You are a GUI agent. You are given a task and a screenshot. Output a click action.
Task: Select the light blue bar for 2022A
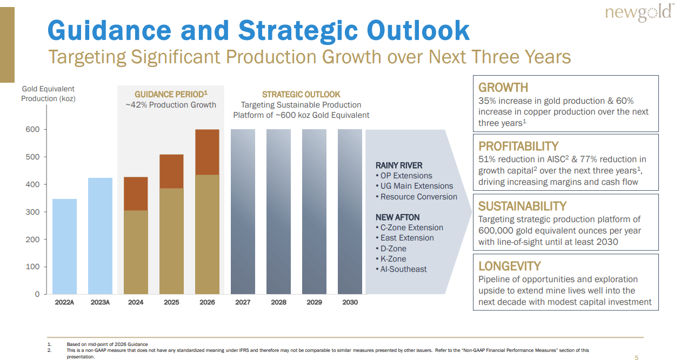pos(64,246)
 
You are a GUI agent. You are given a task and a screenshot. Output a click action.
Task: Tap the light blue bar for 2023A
pos(100,236)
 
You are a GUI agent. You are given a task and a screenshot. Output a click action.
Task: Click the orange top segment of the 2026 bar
pos(207,152)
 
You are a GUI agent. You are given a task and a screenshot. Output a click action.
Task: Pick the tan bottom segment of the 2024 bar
pos(136,252)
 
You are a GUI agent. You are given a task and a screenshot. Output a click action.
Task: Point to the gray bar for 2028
pos(278,211)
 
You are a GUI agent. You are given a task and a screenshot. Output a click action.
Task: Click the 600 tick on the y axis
pos(33,130)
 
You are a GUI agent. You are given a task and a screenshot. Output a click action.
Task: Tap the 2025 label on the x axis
pos(171,302)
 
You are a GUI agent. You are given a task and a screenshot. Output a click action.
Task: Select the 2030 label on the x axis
pos(350,302)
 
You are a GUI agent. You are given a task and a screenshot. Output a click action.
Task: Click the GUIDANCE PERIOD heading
pos(171,95)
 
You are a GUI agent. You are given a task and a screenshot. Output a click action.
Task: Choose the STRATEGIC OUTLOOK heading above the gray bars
pos(301,95)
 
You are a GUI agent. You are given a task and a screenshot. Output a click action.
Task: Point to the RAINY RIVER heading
pos(399,165)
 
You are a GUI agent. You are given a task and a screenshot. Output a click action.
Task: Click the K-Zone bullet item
pos(393,259)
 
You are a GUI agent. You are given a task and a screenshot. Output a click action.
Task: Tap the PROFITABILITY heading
pos(518,146)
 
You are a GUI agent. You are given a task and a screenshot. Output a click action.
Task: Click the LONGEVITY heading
pos(509,266)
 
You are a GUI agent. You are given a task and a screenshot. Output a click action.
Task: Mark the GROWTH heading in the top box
pos(503,88)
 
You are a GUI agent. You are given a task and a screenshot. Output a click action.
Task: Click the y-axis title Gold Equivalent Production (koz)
pos(48,94)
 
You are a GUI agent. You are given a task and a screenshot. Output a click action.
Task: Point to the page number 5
pos(636,357)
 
